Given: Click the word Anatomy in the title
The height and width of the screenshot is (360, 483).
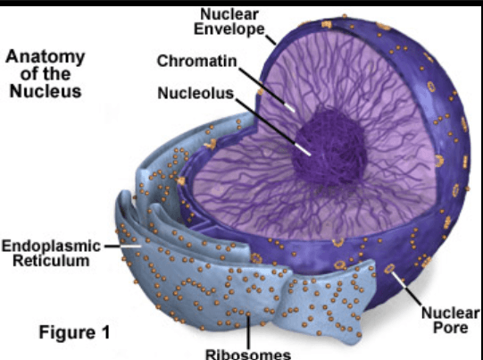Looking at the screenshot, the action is (46, 57).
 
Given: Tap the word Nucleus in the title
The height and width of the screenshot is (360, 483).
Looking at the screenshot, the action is (46, 91).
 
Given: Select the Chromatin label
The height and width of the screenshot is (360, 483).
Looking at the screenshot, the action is (196, 61).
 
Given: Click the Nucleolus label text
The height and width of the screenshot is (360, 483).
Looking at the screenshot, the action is (196, 93).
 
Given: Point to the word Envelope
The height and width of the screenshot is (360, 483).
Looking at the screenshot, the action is (229, 29).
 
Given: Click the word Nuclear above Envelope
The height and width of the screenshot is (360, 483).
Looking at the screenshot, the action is (229, 14).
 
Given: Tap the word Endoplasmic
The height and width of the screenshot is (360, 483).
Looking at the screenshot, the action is (51, 247).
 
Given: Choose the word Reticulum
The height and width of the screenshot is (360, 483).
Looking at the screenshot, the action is (51, 261).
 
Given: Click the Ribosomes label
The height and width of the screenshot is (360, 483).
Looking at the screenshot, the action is (248, 354).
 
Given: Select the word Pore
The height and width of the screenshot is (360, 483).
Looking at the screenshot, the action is (450, 327).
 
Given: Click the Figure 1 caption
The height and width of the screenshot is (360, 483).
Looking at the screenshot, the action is (74, 332).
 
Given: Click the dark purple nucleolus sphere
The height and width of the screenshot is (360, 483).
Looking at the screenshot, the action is (329, 147).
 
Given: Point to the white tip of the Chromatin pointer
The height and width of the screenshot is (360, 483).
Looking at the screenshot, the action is (289, 107).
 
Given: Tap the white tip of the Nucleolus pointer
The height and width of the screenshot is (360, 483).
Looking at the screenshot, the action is (303, 149).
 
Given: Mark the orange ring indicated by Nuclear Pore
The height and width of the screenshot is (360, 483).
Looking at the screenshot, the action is (389, 269).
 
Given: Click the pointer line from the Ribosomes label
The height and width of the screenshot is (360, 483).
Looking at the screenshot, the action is (248, 331).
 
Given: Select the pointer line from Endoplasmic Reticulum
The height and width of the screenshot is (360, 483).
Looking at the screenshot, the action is (123, 247).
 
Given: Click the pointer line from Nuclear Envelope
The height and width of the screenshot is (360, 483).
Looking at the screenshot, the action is (271, 39).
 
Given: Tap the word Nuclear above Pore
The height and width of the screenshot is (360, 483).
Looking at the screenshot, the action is (450, 313).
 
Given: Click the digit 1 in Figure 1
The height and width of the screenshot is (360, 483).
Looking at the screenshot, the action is (105, 332).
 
